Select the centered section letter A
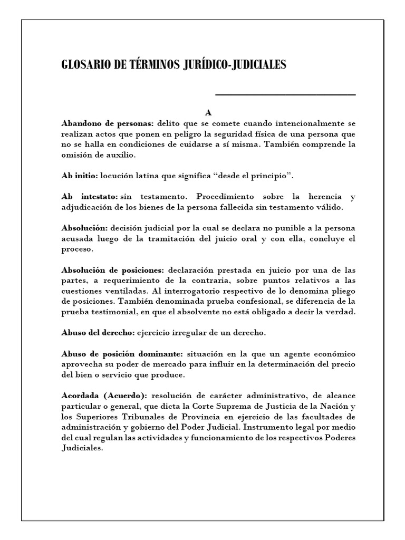[x=208, y=113]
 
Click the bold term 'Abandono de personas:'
[x=108, y=123]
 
